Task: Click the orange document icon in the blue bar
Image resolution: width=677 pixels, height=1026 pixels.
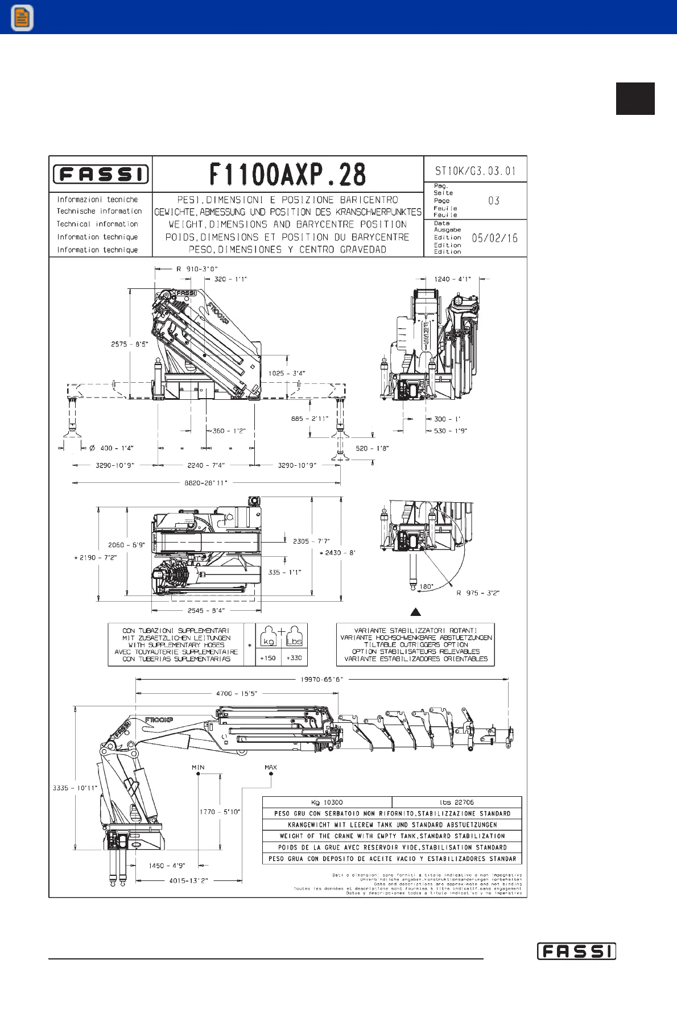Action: pyautogui.click(x=22, y=18)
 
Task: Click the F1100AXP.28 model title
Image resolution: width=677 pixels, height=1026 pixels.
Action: pyautogui.click(x=288, y=175)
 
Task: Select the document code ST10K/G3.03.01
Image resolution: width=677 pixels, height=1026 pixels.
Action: pyautogui.click(x=475, y=171)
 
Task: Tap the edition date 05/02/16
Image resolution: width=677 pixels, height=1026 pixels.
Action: pyautogui.click(x=494, y=238)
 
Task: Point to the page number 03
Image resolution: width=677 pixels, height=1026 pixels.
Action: pyautogui.click(x=494, y=201)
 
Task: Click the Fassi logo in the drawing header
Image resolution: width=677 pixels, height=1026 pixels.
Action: pyautogui.click(x=101, y=174)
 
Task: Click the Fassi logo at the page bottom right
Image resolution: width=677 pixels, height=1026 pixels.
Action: pyautogui.click(x=576, y=951)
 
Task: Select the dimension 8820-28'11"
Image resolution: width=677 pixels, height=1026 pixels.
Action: pyautogui.click(x=205, y=483)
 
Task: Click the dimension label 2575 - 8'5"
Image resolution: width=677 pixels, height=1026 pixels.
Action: pyautogui.click(x=129, y=344)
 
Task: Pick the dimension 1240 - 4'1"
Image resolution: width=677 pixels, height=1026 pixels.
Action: pyautogui.click(x=452, y=279)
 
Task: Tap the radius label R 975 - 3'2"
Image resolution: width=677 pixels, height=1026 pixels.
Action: pyautogui.click(x=477, y=593)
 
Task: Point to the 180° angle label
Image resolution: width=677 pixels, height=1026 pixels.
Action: pyautogui.click(x=426, y=586)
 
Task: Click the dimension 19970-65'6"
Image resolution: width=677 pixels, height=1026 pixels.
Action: pyautogui.click(x=322, y=679)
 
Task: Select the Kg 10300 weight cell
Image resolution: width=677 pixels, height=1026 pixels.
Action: pyautogui.click(x=327, y=802)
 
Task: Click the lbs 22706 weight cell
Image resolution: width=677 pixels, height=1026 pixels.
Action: pyautogui.click(x=456, y=802)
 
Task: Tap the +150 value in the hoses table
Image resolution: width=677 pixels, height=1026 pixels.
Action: pyautogui.click(x=267, y=658)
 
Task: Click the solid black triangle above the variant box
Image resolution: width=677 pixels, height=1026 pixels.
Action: pyautogui.click(x=416, y=612)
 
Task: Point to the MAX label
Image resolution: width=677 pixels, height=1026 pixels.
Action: pyautogui.click(x=271, y=767)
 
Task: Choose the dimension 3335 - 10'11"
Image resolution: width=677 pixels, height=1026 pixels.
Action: pyautogui.click(x=75, y=788)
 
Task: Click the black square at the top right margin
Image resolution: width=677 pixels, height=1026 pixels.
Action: pyautogui.click(x=635, y=99)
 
